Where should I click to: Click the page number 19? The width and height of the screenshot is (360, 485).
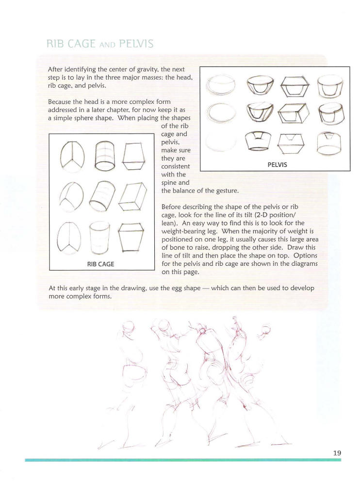coord(337,453)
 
